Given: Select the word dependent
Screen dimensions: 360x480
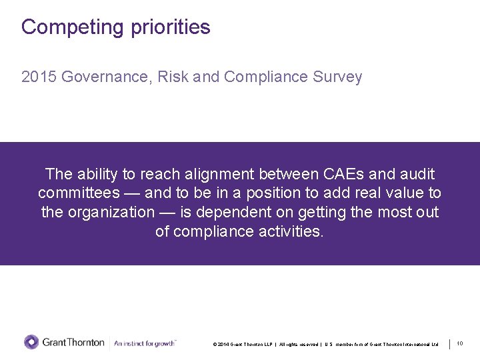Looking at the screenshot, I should click(x=229, y=213).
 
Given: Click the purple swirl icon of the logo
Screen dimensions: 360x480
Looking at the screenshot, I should click(x=31, y=343).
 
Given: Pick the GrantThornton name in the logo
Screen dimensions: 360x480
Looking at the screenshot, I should click(x=73, y=343).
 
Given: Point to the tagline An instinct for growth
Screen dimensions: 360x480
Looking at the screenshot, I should click(x=145, y=343).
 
